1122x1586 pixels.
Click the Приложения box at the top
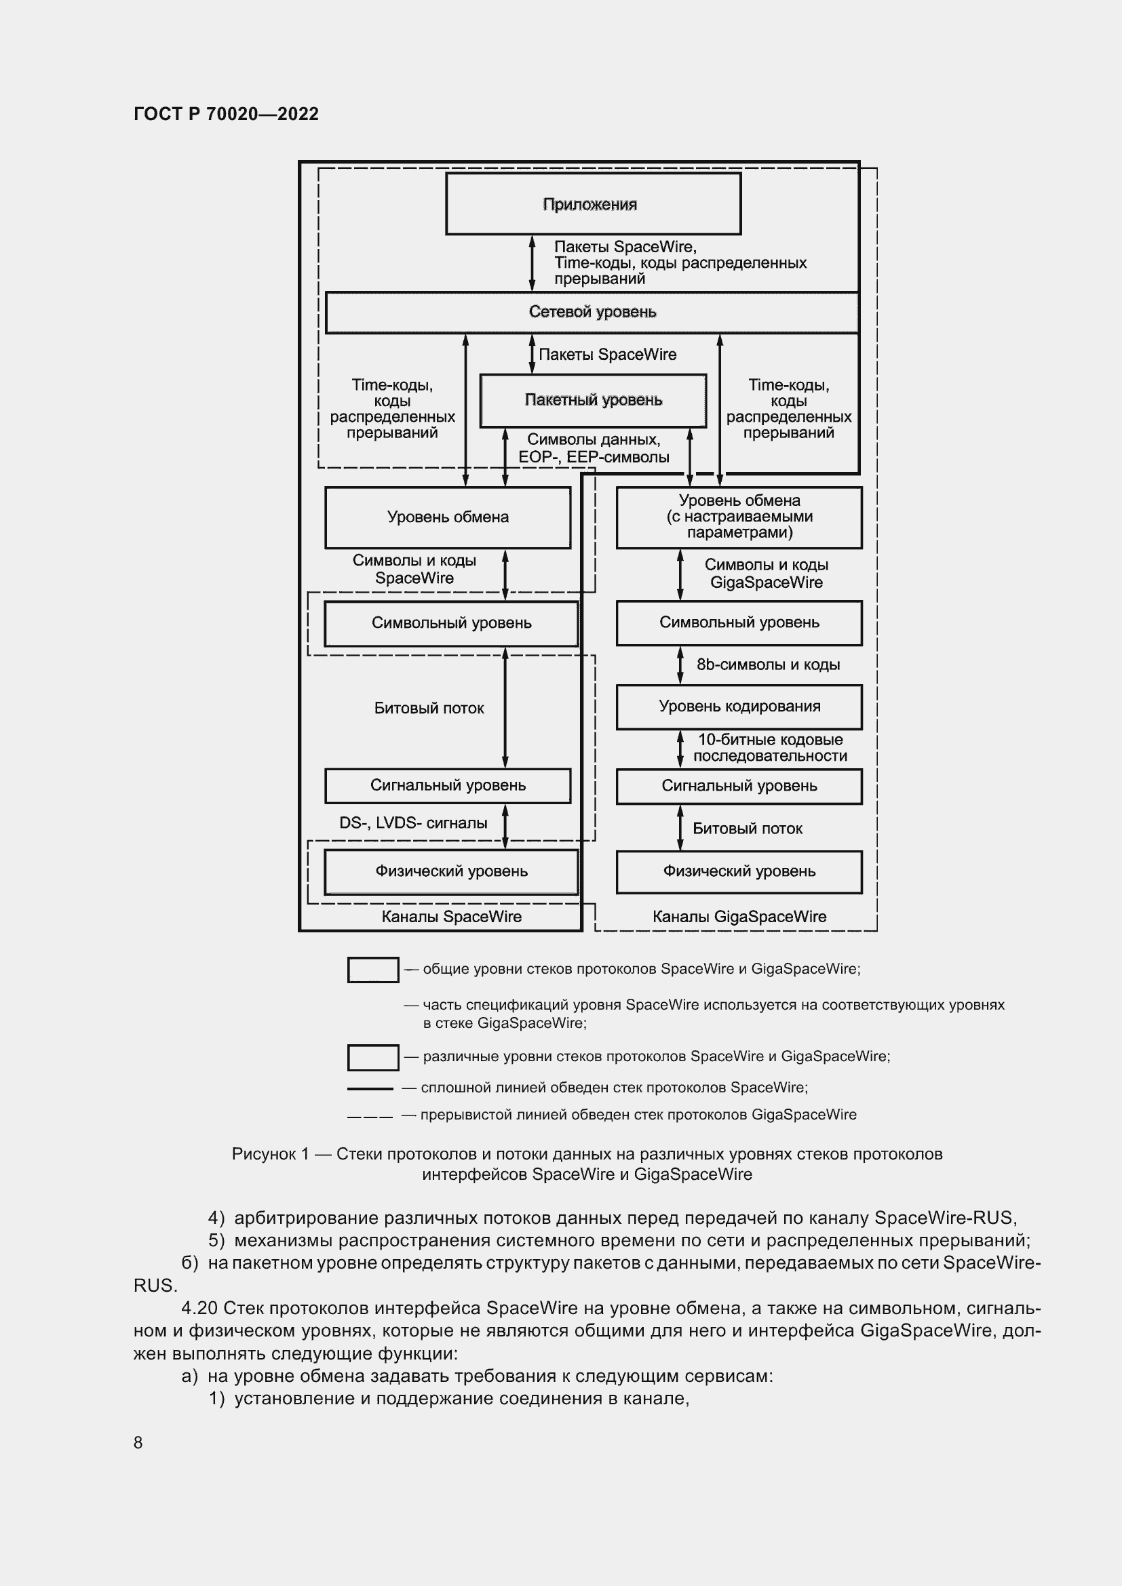(593, 204)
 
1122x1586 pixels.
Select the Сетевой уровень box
(592, 312)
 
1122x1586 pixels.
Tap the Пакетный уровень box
(593, 401)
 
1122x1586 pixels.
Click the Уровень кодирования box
(739, 707)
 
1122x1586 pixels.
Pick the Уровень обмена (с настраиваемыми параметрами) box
(739, 517)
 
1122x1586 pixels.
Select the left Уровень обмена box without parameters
(448, 517)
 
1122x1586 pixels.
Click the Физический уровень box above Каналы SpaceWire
(451, 872)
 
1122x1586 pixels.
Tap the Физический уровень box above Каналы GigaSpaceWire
(739, 872)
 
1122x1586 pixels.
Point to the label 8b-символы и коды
(768, 665)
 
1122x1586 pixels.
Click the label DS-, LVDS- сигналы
(413, 822)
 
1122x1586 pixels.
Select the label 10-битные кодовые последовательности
(770, 747)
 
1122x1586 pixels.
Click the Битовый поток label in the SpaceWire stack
(429, 708)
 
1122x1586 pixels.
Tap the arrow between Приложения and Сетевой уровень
(532, 263)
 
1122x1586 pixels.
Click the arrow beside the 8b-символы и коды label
(680, 665)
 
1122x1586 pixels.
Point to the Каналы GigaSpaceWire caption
(739, 917)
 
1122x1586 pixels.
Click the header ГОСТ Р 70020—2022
(226, 114)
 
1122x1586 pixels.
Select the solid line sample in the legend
(370, 1090)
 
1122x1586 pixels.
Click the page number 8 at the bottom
(138, 1442)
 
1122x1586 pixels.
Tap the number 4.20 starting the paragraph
(199, 1308)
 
